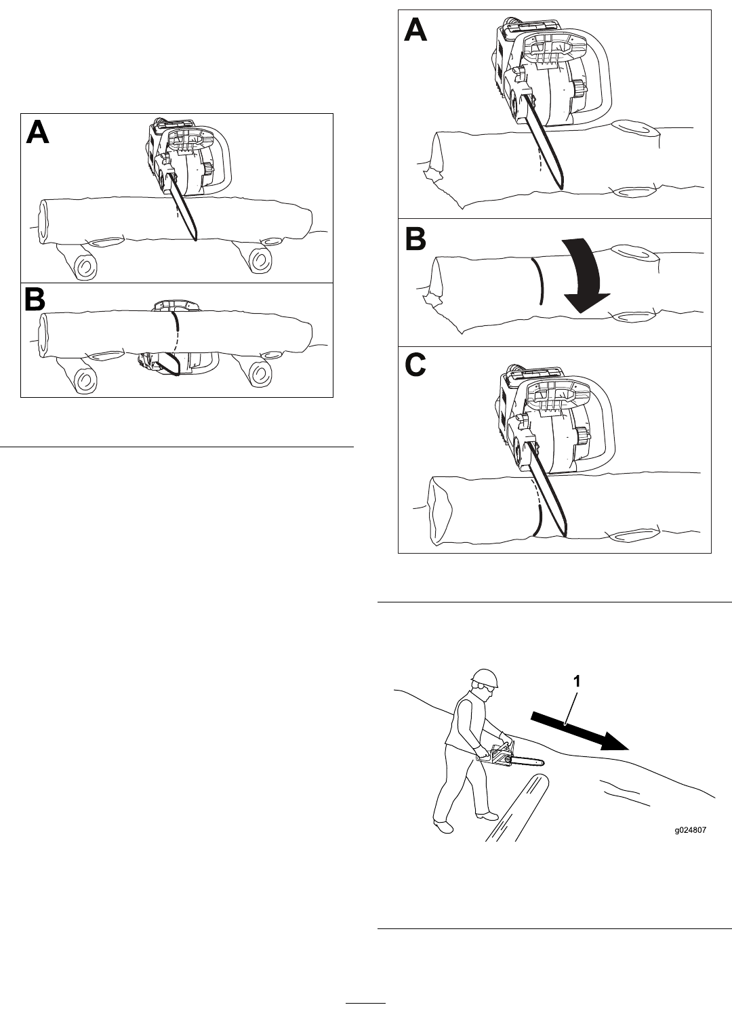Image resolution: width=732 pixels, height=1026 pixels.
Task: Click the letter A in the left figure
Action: coord(37,133)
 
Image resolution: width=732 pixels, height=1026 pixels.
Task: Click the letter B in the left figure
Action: coord(35,299)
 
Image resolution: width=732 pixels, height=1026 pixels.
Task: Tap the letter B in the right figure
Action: coord(415,239)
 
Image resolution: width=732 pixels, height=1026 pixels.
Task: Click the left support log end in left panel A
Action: coord(85,265)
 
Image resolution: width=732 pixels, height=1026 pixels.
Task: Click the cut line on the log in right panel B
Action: coord(539,281)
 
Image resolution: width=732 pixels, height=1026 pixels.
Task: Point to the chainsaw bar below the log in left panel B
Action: coord(169,365)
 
